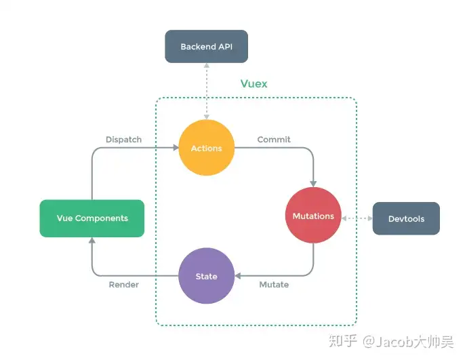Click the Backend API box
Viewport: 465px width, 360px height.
206,46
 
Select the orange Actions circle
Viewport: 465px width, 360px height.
206,148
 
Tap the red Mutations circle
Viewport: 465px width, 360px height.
313,216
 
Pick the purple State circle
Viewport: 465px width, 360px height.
206,276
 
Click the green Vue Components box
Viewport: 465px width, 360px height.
92,218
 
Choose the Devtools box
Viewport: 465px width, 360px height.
406,218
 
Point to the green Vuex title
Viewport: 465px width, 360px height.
254,83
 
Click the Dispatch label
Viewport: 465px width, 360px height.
123,140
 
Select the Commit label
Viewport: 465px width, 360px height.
274,140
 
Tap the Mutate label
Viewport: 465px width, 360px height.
274,285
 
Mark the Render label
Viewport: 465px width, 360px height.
123,285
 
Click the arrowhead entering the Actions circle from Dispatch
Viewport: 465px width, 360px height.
176,147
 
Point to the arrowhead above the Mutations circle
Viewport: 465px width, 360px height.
313,184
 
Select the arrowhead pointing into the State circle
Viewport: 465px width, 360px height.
237,276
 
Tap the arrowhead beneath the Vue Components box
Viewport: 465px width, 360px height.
92,241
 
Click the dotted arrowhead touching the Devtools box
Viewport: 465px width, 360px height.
370,218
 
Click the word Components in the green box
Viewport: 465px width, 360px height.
102,218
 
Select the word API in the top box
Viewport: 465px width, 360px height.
225,47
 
